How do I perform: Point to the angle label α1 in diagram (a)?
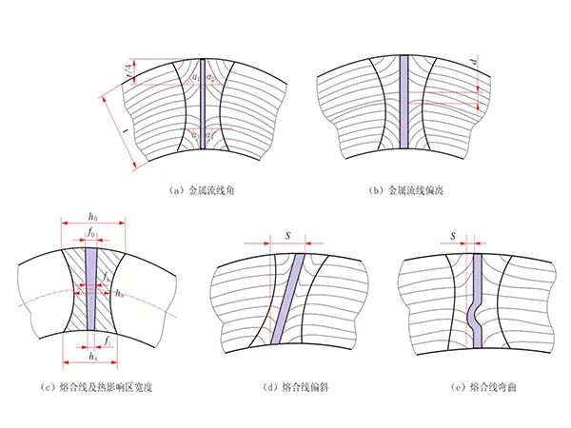[194, 76]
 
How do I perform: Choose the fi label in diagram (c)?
[109, 340]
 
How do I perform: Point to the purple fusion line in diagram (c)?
[91, 285]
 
